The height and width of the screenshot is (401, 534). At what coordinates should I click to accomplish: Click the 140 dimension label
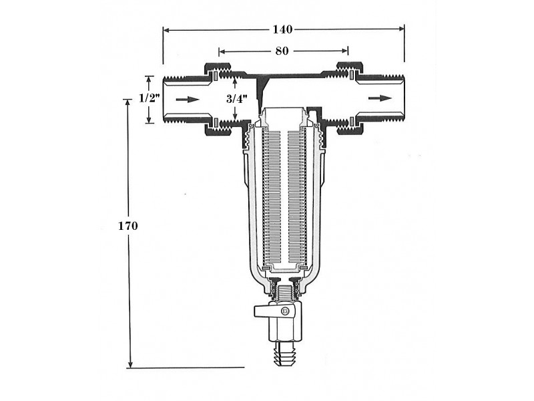282,29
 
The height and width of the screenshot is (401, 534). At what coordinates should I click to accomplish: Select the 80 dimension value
282,51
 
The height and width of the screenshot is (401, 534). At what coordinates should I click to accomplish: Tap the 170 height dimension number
127,226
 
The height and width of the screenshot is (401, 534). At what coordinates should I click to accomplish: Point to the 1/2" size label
150,98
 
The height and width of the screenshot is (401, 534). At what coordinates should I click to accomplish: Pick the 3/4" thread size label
237,99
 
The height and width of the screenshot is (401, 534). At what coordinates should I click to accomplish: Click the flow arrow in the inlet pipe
188,100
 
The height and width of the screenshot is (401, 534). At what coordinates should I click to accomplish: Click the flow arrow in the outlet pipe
380,98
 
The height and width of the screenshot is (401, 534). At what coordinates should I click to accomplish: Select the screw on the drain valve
286,311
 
